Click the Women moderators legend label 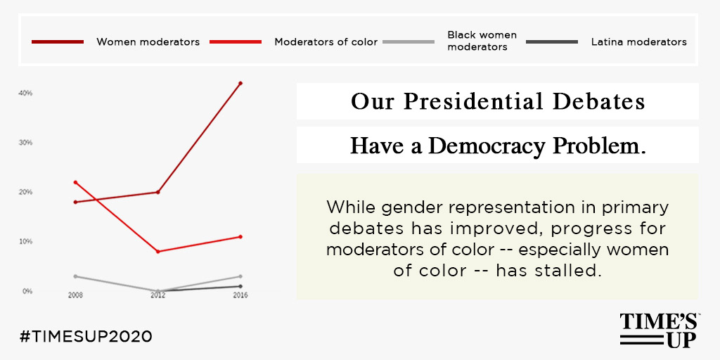click(x=148, y=42)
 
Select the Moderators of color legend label click(x=326, y=42)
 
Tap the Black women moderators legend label click(x=482, y=41)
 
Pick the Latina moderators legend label click(x=638, y=42)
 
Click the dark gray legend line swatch click(x=552, y=41)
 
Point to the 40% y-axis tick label click(x=25, y=93)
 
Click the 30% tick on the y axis click(x=25, y=142)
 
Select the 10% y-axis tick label click(x=25, y=242)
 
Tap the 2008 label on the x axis click(x=75, y=295)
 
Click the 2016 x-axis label click(x=240, y=295)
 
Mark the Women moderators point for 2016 click(x=240, y=83)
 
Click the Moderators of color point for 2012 click(x=158, y=252)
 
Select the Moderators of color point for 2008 click(x=75, y=182)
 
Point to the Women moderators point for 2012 click(x=158, y=192)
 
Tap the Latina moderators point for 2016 click(x=240, y=286)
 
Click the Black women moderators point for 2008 click(x=75, y=276)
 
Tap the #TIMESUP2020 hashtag click(x=86, y=337)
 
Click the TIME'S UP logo click(x=660, y=330)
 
